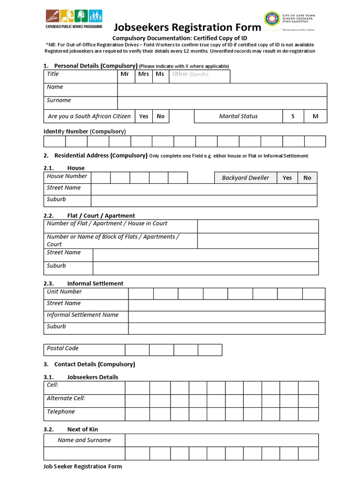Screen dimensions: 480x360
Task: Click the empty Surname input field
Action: [222, 103]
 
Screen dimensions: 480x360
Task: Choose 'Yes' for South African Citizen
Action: [143, 116]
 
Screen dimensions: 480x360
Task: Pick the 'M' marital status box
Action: [315, 116]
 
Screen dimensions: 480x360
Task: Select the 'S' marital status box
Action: [293, 116]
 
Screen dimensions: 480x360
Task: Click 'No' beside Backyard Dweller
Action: [307, 178]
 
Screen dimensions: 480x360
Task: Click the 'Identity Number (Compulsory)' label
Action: [84, 131]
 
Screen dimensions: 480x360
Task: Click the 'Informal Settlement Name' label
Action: [82, 315]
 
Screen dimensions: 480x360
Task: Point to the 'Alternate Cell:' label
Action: [66, 398]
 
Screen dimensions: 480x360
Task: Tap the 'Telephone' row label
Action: [61, 412]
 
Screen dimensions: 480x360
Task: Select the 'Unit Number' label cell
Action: [64, 292]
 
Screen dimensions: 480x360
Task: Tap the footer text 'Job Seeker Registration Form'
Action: [82, 466]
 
